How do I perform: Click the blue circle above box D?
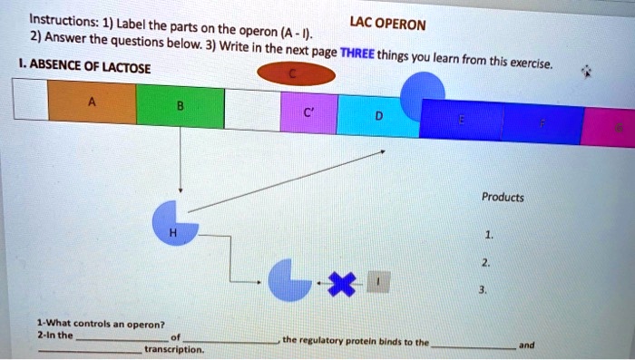pos(423,91)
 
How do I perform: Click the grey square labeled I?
pos(380,284)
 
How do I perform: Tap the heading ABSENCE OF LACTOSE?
pos(82,66)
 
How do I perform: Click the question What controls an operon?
pos(101,324)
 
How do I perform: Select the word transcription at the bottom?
pos(174,348)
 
